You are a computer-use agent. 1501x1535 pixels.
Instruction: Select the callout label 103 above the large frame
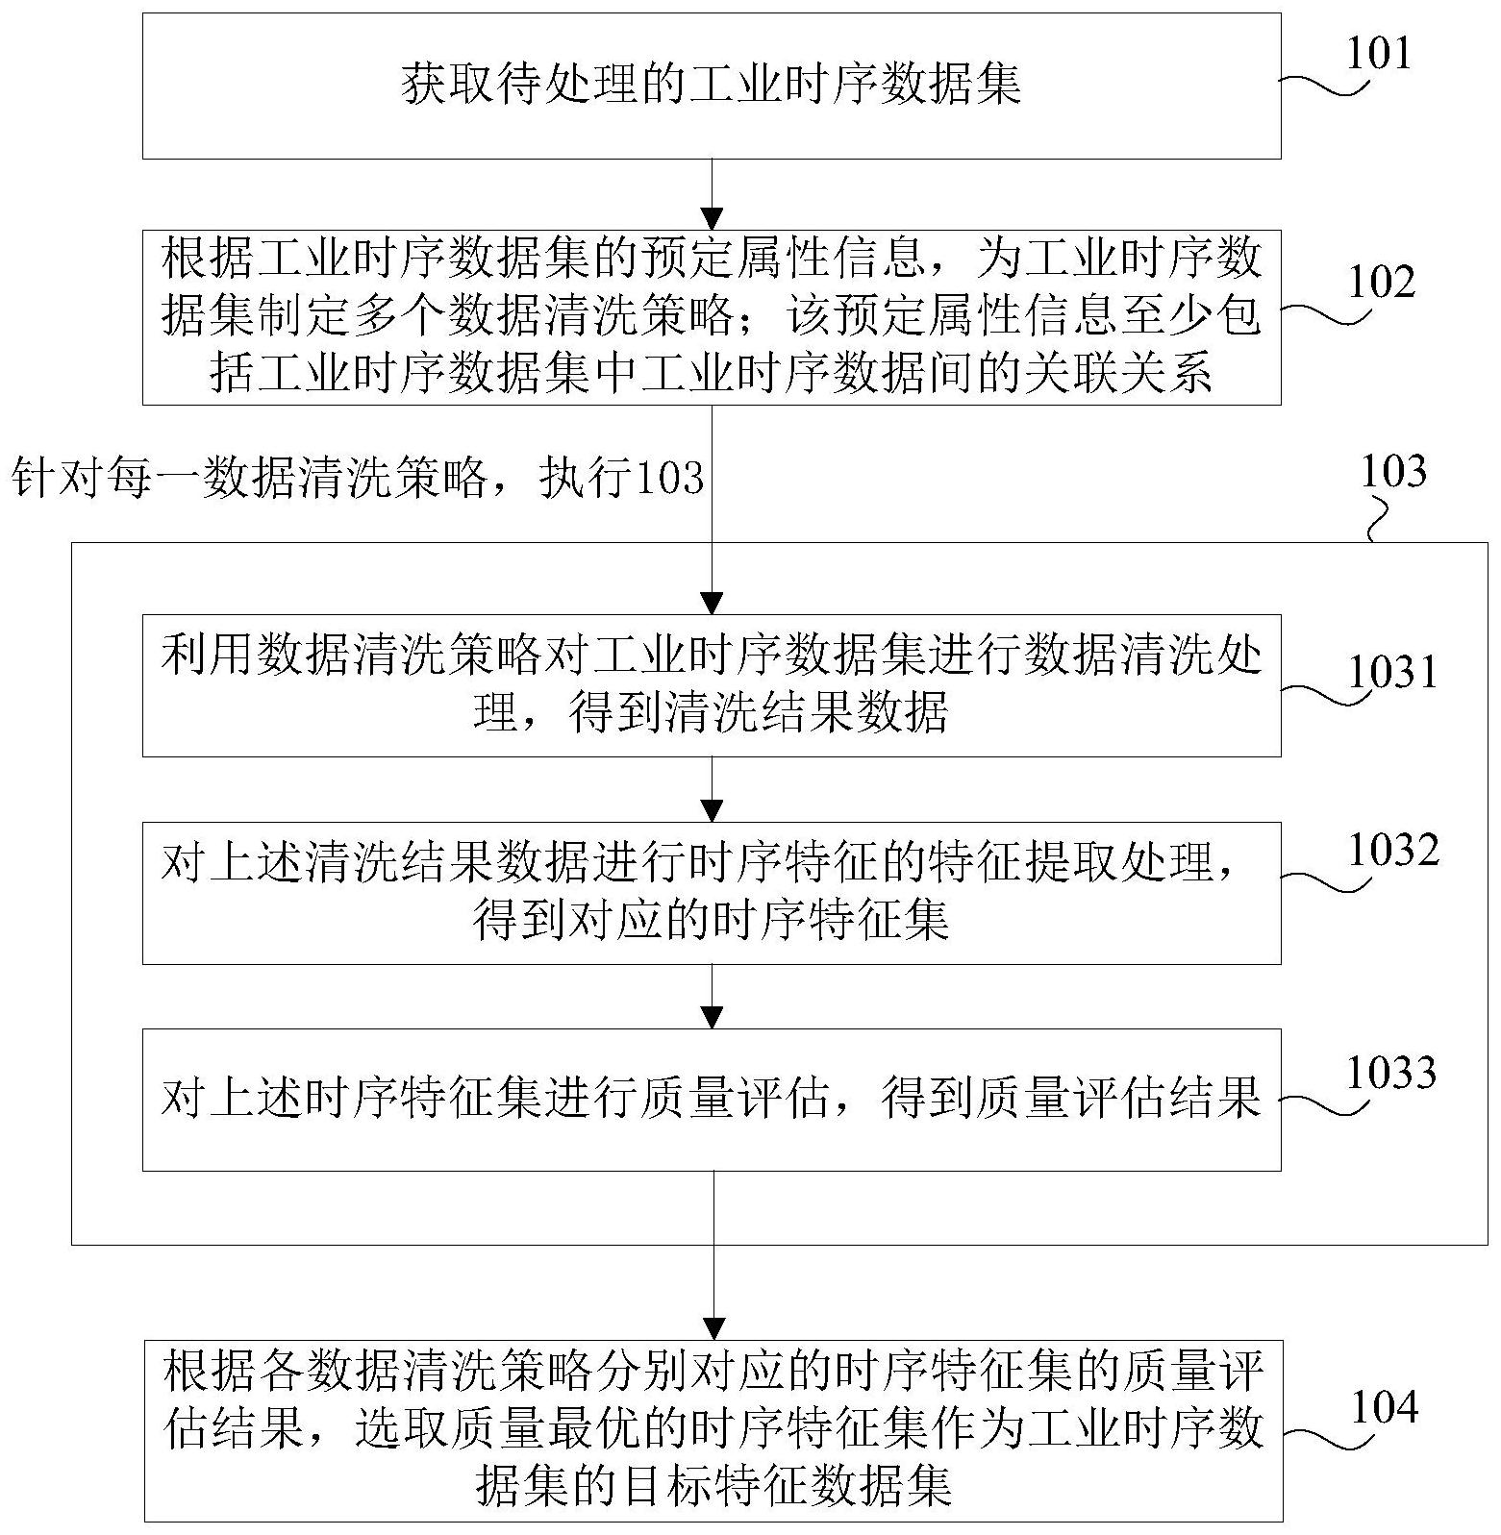1393,472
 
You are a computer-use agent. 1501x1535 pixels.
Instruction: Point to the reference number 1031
1391,673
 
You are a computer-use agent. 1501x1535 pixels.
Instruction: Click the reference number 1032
1392,851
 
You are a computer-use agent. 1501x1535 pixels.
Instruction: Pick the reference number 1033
1391,1073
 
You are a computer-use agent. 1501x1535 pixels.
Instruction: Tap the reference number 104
1385,1408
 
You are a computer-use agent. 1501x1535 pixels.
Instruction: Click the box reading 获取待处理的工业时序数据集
712,86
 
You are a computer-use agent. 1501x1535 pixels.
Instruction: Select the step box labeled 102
712,317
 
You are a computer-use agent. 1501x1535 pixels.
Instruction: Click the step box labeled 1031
712,685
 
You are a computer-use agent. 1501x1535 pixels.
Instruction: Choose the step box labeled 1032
712,893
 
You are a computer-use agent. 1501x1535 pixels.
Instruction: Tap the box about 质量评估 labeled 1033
712,1100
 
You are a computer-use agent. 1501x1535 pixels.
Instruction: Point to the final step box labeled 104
713,1429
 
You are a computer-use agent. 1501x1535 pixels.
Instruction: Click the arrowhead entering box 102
712,219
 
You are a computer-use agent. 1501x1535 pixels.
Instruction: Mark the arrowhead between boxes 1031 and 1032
712,810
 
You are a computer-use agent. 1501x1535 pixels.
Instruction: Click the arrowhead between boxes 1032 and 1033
712,1017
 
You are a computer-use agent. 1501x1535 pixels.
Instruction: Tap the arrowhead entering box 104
713,1326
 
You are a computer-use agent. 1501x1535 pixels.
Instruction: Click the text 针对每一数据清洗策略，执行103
358,477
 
